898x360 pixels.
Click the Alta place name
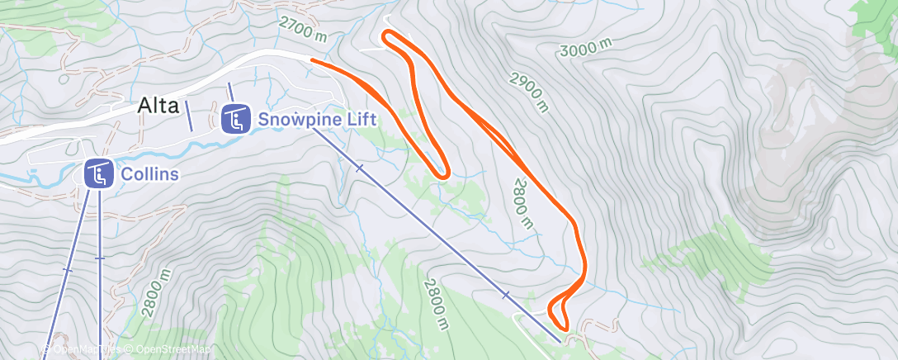click(x=158, y=106)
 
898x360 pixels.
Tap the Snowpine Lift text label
click(x=317, y=119)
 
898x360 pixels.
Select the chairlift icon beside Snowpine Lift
click(x=236, y=120)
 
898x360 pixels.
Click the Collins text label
click(x=149, y=174)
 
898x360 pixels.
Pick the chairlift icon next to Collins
click(x=99, y=174)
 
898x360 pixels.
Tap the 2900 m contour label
click(x=529, y=92)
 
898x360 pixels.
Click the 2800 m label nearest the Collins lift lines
click(x=157, y=293)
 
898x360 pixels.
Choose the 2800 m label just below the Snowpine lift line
click(x=437, y=303)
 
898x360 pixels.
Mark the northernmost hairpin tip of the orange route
click(x=386, y=35)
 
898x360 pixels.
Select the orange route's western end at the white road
click(x=312, y=59)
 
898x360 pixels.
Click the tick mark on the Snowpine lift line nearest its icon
click(x=359, y=168)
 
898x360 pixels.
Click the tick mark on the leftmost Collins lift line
click(x=67, y=270)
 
